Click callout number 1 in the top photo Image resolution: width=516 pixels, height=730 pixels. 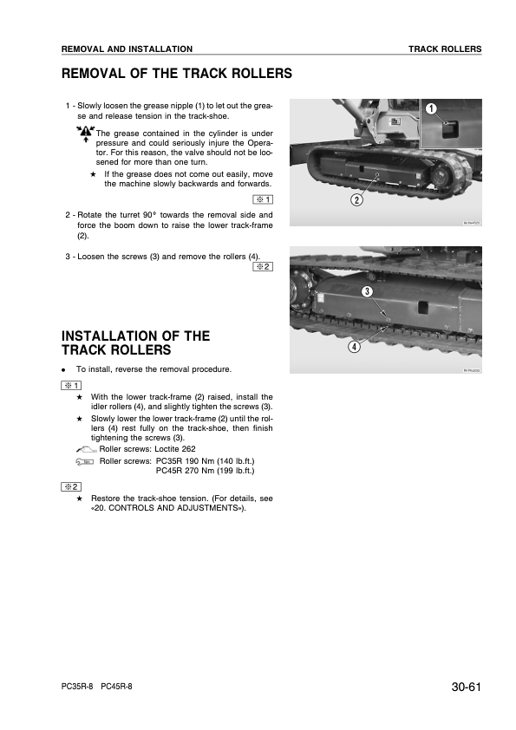pos(431,109)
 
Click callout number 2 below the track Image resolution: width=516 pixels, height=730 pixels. pos(356,200)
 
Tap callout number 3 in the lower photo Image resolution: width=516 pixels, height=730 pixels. pos(367,292)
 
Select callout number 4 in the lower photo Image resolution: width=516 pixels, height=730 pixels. pos(354,347)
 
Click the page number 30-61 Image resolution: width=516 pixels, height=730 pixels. pos(466,688)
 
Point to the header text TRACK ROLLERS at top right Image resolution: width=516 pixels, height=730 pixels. pos(445,49)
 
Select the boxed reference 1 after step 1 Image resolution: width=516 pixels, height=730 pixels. pos(263,199)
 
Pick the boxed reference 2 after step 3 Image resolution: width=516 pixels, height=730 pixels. pos(263,267)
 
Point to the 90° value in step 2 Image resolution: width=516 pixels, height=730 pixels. pos(149,215)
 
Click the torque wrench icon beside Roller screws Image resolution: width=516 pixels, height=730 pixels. pos(85,462)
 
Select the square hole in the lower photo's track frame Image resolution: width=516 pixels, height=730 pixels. pos(423,308)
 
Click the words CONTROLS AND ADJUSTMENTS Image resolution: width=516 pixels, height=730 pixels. pos(173,508)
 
